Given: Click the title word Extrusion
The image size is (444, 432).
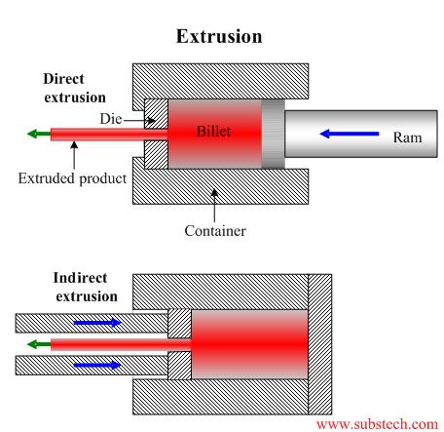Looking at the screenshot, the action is (219, 36).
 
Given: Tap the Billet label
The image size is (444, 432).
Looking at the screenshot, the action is (213, 132).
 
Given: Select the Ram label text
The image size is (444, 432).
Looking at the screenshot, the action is (408, 137).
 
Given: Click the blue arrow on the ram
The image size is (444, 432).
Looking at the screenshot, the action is (350, 134).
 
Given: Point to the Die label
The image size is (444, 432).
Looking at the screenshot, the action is (111, 119).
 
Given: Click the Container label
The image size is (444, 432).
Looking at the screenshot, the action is (215, 231).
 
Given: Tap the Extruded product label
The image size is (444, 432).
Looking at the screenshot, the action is (72, 178).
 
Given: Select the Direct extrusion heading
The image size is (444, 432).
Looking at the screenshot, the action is (75, 88).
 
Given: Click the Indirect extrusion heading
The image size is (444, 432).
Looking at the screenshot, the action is (86, 287).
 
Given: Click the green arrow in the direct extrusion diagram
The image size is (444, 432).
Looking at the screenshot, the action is (39, 134).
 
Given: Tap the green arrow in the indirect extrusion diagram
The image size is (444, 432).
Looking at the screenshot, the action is (39, 344).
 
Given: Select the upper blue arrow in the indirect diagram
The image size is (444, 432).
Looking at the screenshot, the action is (97, 323).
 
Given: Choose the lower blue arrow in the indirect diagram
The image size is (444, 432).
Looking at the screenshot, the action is (97, 365).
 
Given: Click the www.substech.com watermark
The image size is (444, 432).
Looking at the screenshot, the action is (377, 424).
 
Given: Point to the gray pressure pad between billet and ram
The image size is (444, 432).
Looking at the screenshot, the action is (274, 134).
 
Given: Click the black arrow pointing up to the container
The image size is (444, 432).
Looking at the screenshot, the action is (214, 205).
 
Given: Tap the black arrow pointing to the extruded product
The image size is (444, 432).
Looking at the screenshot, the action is (74, 155).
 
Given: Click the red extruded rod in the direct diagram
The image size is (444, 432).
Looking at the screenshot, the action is (109, 135).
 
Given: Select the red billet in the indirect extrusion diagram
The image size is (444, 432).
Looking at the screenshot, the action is (249, 344).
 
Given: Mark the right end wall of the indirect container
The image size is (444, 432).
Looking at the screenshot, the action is (319, 344).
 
